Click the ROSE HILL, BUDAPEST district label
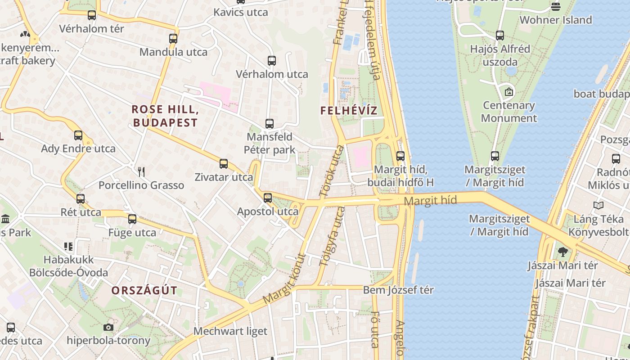point(165,116)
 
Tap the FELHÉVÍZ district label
point(349,110)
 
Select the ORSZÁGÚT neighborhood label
point(144,290)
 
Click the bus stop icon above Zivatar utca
point(224,164)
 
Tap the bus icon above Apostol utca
point(268,198)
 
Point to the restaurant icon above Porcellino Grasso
point(141,171)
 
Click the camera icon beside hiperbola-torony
point(108,327)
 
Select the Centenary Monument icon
point(509,92)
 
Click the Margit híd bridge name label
point(430,201)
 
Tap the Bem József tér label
point(398,290)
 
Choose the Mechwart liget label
point(230,331)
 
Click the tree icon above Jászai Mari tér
point(562,252)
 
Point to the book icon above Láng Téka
point(598,206)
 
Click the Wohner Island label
point(556,20)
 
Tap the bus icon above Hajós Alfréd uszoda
point(500,35)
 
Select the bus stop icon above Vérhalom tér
point(92,15)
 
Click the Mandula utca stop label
point(173,52)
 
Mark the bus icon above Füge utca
point(132,219)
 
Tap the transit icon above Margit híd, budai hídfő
point(400,156)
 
